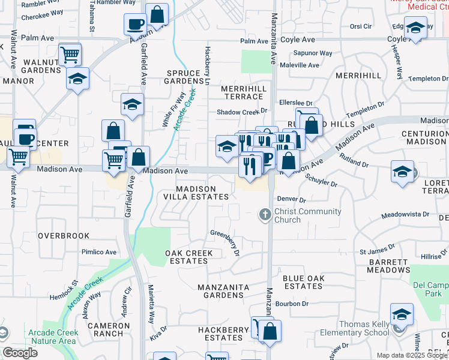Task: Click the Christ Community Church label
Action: click(x=307, y=215)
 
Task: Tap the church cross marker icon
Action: click(x=265, y=214)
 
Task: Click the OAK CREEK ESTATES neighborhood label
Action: click(x=188, y=257)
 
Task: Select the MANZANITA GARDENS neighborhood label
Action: click(x=224, y=292)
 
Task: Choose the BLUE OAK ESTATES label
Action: click(x=303, y=282)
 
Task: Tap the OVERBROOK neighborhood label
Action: click(x=64, y=236)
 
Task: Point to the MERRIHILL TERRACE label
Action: click(x=244, y=92)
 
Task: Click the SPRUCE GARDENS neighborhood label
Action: click(x=184, y=77)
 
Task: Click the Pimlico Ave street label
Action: click(x=99, y=252)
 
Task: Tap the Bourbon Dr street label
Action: click(x=293, y=304)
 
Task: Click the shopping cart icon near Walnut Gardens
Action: click(x=70, y=55)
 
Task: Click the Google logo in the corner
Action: click(x=20, y=352)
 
